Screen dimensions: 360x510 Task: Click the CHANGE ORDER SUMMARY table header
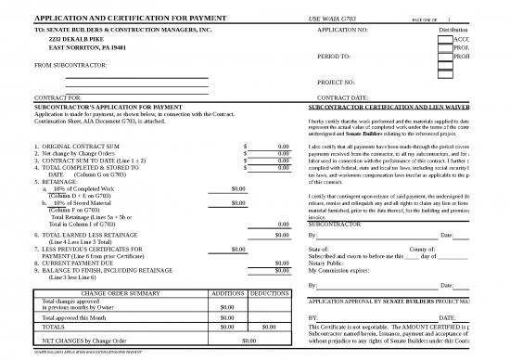tap(120, 292)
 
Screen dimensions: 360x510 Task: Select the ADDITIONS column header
tap(228, 292)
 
